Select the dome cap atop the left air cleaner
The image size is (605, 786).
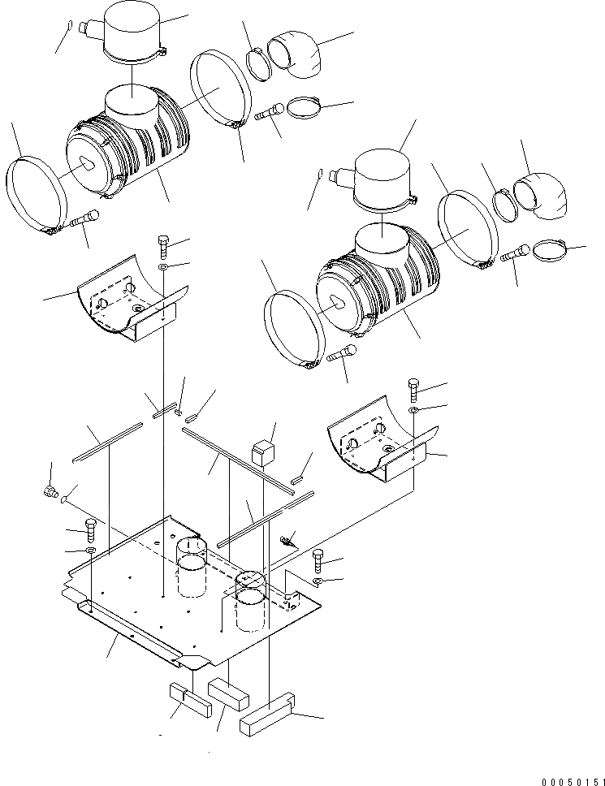click(x=132, y=39)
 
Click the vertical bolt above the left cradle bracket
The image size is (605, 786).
click(x=162, y=244)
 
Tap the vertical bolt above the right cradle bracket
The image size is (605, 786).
click(x=413, y=389)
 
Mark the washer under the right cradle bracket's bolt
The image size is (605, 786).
click(x=413, y=412)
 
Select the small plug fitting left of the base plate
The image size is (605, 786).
click(x=49, y=490)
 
